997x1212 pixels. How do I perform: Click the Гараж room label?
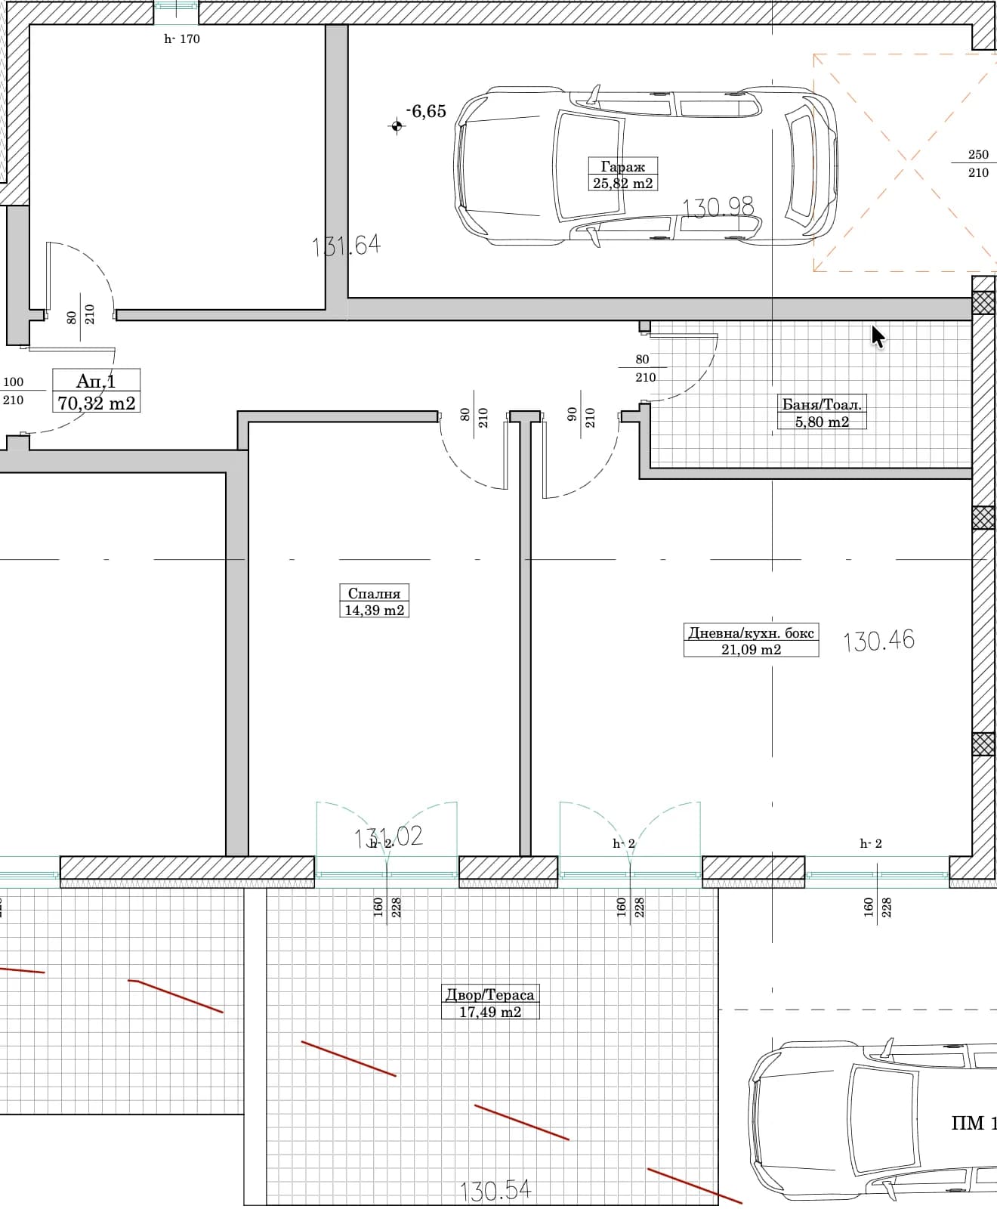tap(622, 167)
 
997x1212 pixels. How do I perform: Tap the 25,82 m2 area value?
tap(622, 184)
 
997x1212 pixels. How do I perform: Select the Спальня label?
tap(374, 594)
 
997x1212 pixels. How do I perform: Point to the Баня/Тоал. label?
tap(821, 404)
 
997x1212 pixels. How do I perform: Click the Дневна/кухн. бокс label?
tap(751, 632)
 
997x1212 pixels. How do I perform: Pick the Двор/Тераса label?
tap(490, 995)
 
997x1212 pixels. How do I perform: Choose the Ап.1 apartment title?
tap(96, 380)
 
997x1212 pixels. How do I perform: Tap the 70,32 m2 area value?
tap(97, 403)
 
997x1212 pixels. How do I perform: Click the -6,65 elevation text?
tap(426, 111)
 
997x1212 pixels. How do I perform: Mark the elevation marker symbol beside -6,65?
tap(397, 126)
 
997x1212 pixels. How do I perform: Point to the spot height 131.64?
tap(346, 246)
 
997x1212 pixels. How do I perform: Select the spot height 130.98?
tap(718, 207)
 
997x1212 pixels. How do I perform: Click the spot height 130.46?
tap(878, 640)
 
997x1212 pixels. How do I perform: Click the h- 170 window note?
tap(182, 39)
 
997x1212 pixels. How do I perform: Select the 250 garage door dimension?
tap(978, 155)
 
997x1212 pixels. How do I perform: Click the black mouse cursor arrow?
tap(878, 337)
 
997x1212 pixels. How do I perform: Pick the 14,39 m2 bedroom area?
tap(374, 611)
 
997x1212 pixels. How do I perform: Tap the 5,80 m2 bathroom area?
tap(822, 422)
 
